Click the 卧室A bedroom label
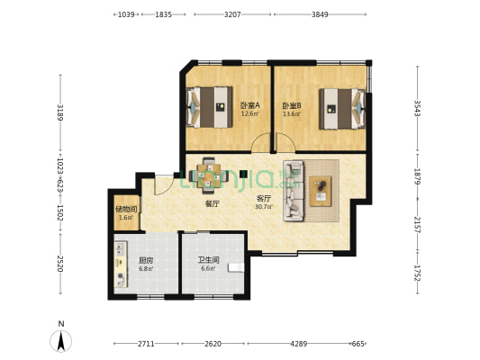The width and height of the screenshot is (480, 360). [x=249, y=105]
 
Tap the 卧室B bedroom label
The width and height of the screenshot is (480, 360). [x=292, y=106]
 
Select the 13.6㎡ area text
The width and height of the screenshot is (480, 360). [x=292, y=114]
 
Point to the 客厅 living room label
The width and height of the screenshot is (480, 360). [x=263, y=199]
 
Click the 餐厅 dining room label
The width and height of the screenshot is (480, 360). [x=213, y=203]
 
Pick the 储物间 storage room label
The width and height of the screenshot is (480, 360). [x=126, y=210]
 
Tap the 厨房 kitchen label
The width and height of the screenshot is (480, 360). [x=146, y=261]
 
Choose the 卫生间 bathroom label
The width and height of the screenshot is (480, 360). [x=208, y=260]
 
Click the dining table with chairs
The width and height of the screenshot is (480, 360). [x=209, y=175]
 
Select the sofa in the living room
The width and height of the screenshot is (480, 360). [x=294, y=191]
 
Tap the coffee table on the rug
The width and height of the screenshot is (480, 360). [x=321, y=191]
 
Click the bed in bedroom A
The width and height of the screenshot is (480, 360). [x=210, y=107]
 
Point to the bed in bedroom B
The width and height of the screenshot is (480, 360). [x=342, y=109]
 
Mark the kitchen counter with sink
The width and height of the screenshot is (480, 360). [x=121, y=265]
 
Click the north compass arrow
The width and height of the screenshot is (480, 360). [x=61, y=341]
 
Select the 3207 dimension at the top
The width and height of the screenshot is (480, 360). [x=232, y=14]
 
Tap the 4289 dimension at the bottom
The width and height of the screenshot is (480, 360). [x=299, y=344]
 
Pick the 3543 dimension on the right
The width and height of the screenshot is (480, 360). [x=417, y=108]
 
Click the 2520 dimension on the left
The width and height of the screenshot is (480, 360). [x=60, y=264]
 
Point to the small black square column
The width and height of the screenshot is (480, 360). [x=243, y=174]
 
